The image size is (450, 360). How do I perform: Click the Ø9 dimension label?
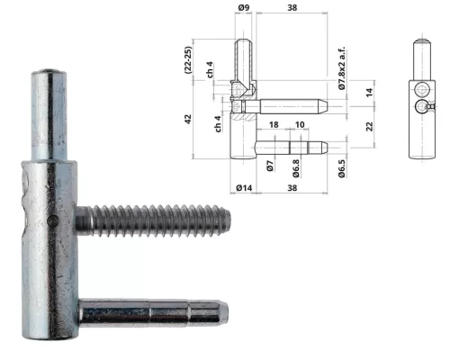(243, 9)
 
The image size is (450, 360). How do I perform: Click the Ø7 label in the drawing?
(270, 166)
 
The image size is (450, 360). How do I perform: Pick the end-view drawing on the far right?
(419, 99)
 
